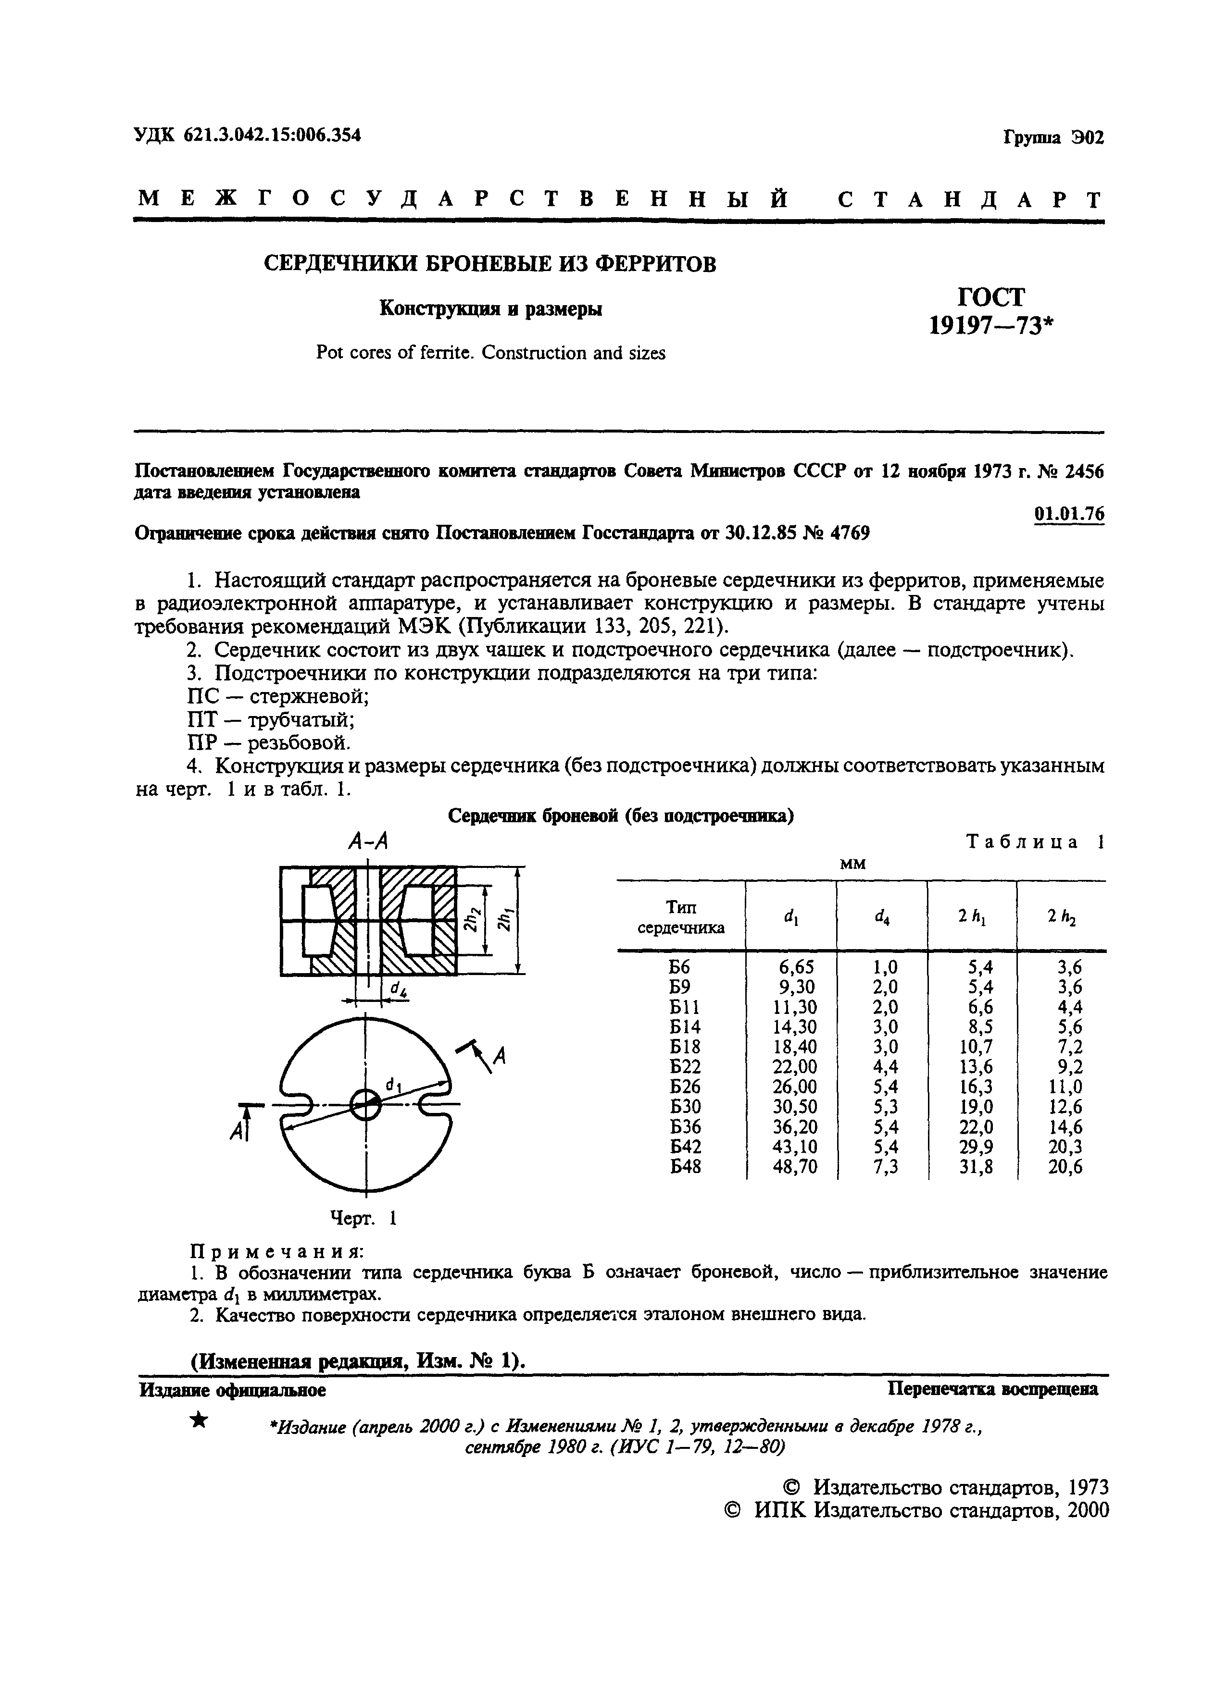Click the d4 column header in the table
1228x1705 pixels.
coord(881,916)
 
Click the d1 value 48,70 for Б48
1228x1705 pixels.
coord(794,1167)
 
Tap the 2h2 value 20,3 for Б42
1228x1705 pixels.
coord(1065,1147)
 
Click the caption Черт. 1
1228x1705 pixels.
coord(363,1218)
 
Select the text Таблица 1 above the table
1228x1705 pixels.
coord(1034,842)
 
